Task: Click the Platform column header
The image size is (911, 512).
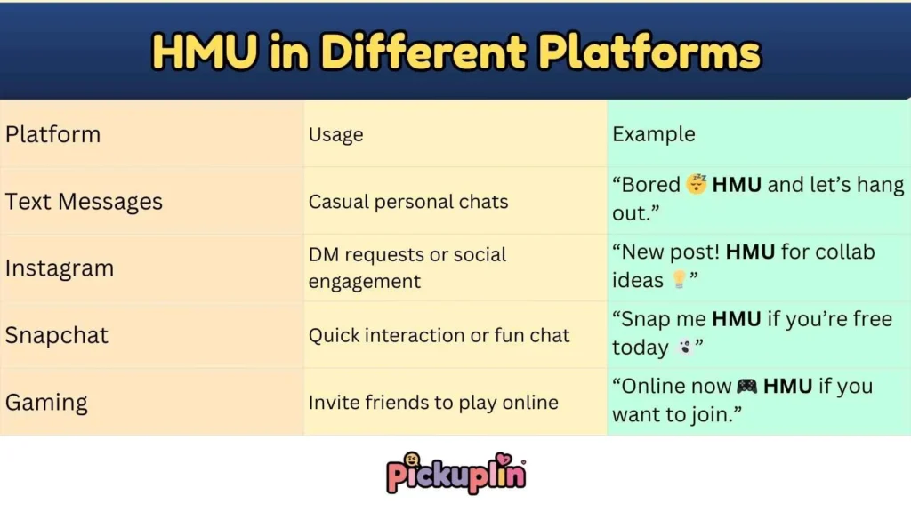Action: coord(53,134)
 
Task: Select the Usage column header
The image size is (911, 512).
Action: coord(335,135)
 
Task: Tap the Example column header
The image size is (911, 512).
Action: coord(653,134)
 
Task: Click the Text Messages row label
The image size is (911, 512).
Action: coord(84,202)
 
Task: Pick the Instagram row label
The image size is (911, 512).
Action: coord(60,268)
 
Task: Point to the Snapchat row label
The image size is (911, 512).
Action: coord(57,336)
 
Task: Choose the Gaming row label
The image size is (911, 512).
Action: coord(46,403)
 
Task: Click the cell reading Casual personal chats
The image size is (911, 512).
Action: coord(408,202)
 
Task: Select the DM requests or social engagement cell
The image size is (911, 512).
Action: coord(407,268)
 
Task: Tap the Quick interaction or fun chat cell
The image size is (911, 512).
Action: coord(439,336)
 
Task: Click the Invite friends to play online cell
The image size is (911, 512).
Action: coord(433,403)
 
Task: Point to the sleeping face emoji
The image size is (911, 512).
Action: coord(696,186)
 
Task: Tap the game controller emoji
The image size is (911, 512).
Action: coord(747,387)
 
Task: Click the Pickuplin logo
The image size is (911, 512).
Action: coord(455,472)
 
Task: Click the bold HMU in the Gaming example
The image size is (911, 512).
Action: coord(789,387)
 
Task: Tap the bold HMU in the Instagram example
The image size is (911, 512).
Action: coord(751,252)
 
